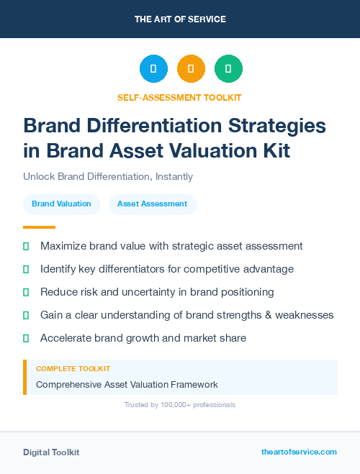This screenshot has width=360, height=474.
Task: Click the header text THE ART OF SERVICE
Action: pyautogui.click(x=180, y=19)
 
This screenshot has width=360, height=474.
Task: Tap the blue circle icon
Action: pyautogui.click(x=153, y=69)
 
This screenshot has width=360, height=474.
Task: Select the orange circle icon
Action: pyautogui.click(x=191, y=69)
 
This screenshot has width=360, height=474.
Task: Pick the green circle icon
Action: pyautogui.click(x=228, y=69)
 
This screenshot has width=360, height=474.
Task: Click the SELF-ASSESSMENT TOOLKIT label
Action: pyautogui.click(x=179, y=97)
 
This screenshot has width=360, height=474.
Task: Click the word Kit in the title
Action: pyautogui.click(x=276, y=151)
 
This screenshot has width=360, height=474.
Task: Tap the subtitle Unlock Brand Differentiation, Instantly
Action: pyautogui.click(x=108, y=176)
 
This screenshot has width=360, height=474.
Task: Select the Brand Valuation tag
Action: pyautogui.click(x=61, y=204)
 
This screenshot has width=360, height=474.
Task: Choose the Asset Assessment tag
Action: pyautogui.click(x=152, y=204)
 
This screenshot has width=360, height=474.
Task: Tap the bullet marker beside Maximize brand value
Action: pyautogui.click(x=26, y=246)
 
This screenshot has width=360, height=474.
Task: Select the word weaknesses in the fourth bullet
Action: pyautogui.click(x=304, y=315)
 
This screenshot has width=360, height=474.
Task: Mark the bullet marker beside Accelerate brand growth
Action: pyautogui.click(x=26, y=338)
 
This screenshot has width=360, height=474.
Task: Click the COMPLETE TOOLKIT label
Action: pyautogui.click(x=68, y=368)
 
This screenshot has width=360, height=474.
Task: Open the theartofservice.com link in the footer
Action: pyautogui.click(x=299, y=452)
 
